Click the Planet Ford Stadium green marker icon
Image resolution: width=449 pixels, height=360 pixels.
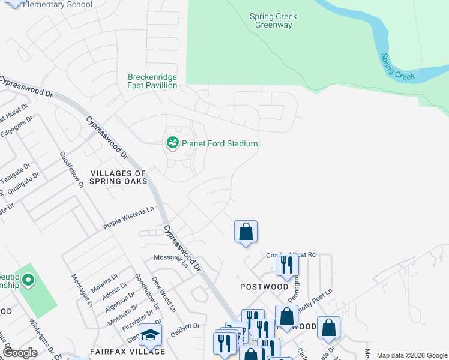click(173, 143)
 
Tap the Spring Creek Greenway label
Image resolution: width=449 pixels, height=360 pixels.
click(273, 21)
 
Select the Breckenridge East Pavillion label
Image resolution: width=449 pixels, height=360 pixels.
click(152, 81)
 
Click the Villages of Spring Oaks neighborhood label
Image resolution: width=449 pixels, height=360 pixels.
click(119, 177)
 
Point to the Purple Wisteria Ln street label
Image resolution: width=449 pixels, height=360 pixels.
click(128, 217)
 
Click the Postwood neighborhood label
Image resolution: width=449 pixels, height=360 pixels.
click(264, 287)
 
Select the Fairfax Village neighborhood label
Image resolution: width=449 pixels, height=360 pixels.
click(127, 352)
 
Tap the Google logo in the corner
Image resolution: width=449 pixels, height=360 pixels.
click(20, 353)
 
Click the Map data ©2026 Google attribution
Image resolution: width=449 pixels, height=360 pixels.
click(411, 355)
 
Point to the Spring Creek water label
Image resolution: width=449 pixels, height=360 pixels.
click(397, 67)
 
